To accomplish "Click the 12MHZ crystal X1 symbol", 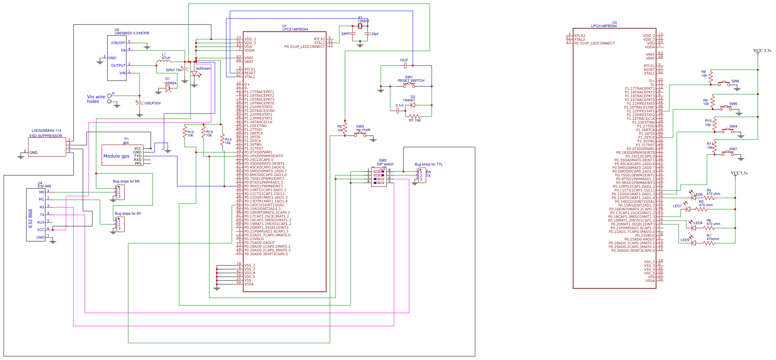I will (360, 26).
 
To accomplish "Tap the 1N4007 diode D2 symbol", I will (413, 105).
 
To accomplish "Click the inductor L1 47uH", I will (163, 61).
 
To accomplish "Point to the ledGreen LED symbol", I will (195, 74).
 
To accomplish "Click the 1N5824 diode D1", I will (168, 89).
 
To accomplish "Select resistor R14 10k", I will (222, 140).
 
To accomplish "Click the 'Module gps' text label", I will (116, 156).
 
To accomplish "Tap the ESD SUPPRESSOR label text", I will (46, 136).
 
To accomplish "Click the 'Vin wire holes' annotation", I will (96, 99).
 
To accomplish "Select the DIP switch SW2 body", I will (379, 177).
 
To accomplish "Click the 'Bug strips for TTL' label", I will (428, 164).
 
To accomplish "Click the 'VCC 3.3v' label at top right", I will (762, 51).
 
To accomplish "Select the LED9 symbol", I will (693, 243).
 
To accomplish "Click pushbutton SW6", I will (724, 83).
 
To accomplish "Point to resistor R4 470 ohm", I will (709, 198).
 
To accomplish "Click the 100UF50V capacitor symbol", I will (140, 103).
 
